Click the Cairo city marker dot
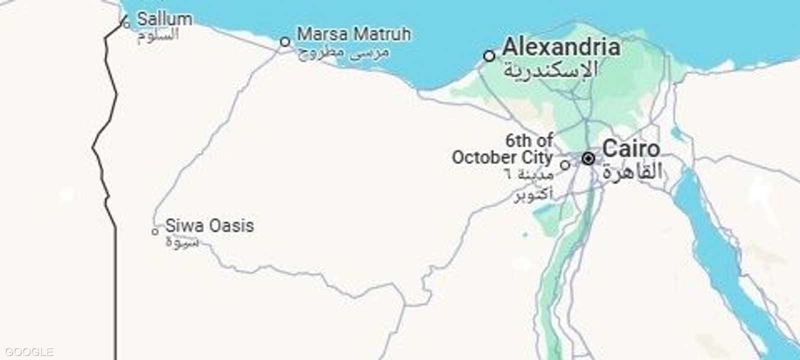pyautogui.click(x=588, y=159)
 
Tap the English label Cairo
pyautogui.click(x=631, y=148)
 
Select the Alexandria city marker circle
pyautogui.click(x=489, y=55)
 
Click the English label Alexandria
pyautogui.click(x=561, y=47)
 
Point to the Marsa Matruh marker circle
pyautogui.click(x=285, y=41)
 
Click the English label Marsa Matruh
pyautogui.click(x=354, y=34)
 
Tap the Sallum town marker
pyautogui.click(x=126, y=23)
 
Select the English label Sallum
pyautogui.click(x=164, y=19)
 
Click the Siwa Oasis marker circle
pyautogui.click(x=155, y=231)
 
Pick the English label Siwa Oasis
pyautogui.click(x=209, y=225)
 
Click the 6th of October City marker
pyautogui.click(x=565, y=164)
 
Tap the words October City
pyautogui.click(x=502, y=157)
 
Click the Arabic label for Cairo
pyautogui.click(x=632, y=171)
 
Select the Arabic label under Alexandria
pyautogui.click(x=550, y=70)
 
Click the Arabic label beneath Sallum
pyautogui.click(x=158, y=36)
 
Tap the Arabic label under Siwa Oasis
pyautogui.click(x=182, y=242)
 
